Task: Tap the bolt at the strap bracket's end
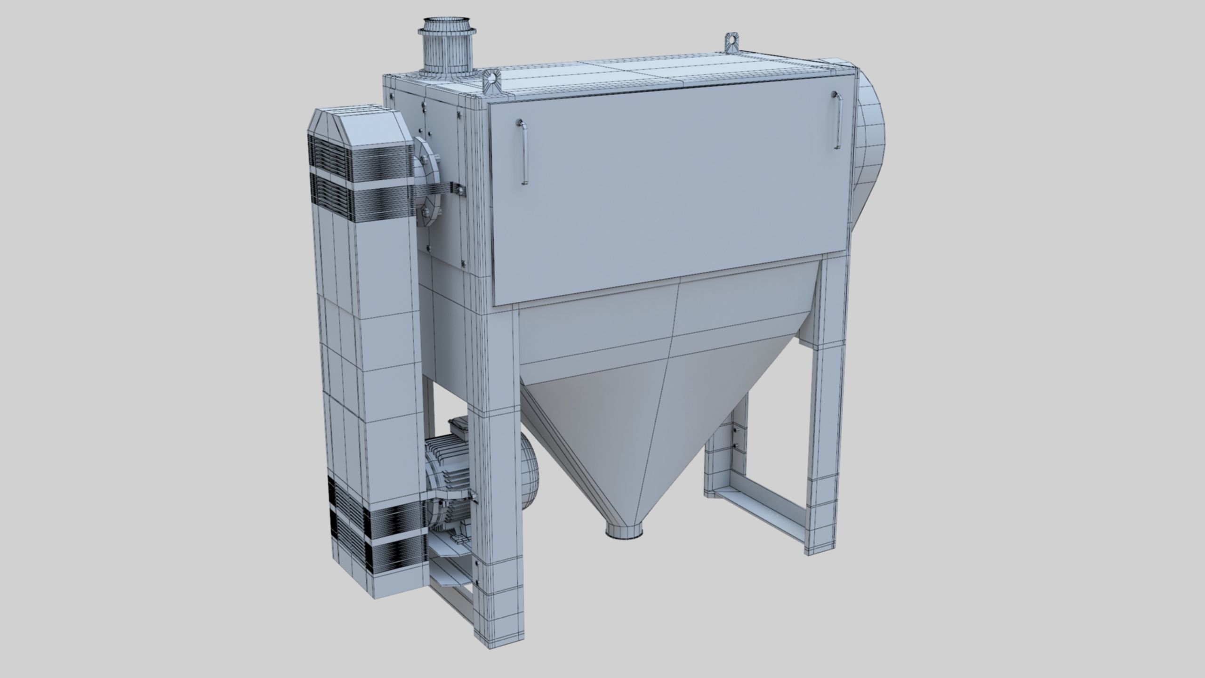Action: pos(459,189)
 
